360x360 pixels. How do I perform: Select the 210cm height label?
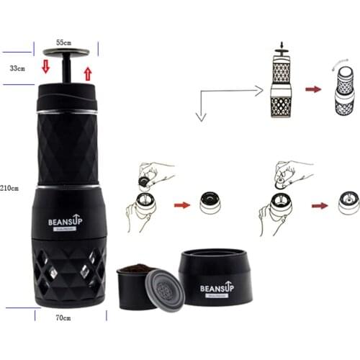click(9, 188)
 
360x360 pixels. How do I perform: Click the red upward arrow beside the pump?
click(88, 73)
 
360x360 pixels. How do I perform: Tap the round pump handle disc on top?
click(70, 52)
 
